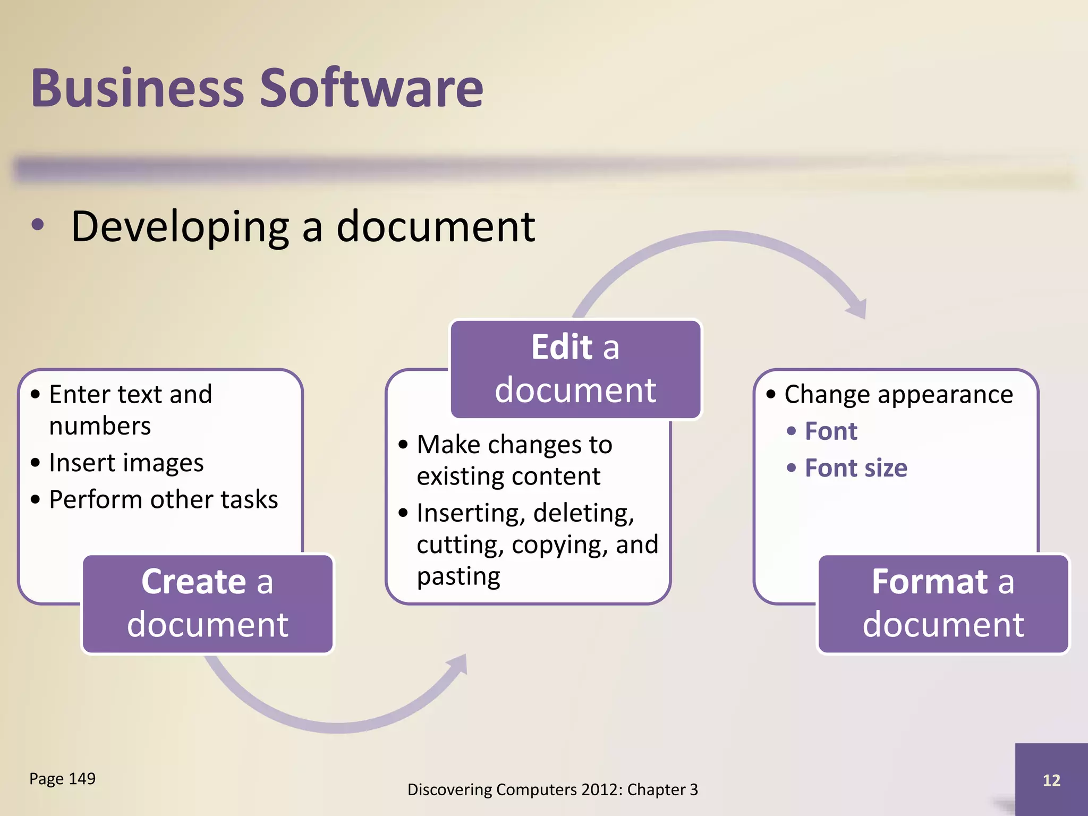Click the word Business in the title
(137, 88)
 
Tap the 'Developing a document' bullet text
(303, 227)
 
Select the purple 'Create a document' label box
(208, 603)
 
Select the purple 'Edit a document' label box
(575, 369)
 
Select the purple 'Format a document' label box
(943, 603)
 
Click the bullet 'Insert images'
(126, 463)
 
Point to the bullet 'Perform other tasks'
(163, 499)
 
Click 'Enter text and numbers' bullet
(130, 410)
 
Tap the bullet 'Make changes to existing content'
(514, 460)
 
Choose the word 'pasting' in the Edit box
(458, 576)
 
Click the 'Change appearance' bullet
(898, 395)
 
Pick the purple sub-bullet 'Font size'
(856, 468)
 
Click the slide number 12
(1051, 780)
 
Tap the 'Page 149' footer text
(63, 779)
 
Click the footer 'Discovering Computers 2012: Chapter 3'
(552, 790)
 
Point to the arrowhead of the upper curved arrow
(857, 308)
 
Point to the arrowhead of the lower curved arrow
(458, 665)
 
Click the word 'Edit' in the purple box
(562, 348)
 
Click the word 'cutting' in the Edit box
(460, 545)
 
